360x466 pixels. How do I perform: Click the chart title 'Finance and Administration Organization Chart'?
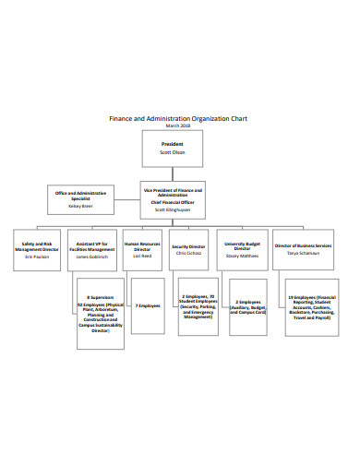(179, 119)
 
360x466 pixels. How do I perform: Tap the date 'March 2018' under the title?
(179, 126)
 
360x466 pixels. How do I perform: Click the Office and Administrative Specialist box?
(80, 199)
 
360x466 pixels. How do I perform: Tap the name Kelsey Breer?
(80, 207)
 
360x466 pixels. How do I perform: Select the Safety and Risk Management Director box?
(38, 249)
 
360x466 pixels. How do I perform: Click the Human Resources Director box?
(143, 249)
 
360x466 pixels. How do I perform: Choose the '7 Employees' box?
(148, 305)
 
